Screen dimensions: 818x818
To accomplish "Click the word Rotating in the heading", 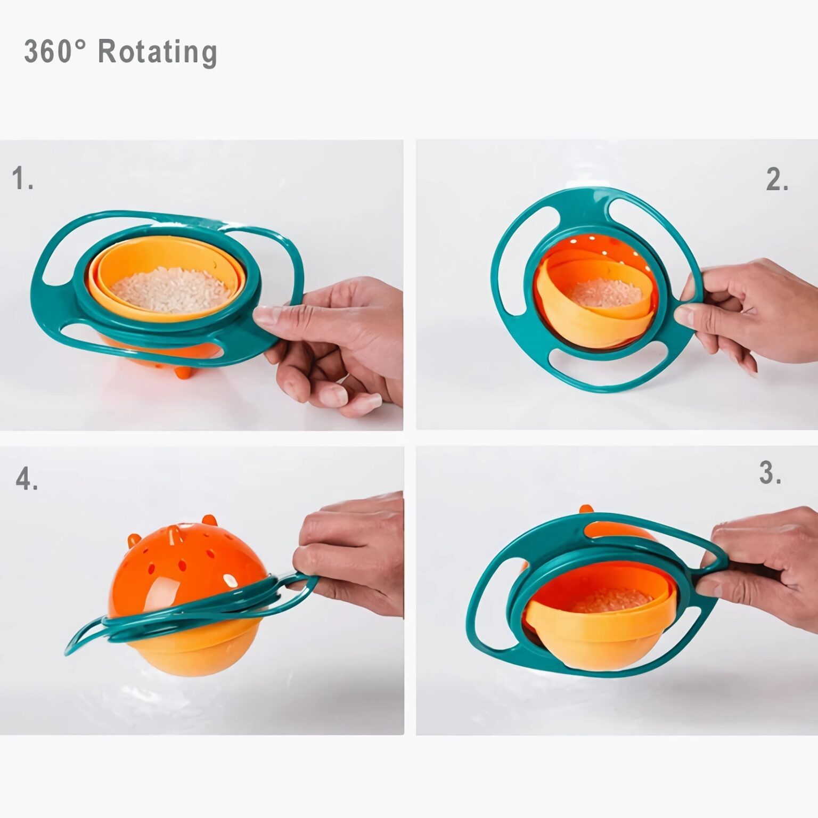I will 158,52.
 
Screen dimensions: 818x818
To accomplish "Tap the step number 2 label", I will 777,179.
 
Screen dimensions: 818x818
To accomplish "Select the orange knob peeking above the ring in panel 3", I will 586,511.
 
